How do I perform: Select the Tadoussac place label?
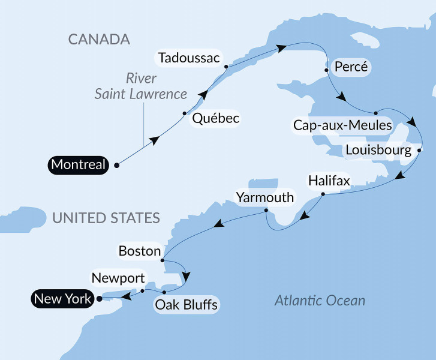(x=188, y=58)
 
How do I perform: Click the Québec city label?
(x=215, y=119)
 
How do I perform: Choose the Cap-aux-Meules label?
(x=342, y=126)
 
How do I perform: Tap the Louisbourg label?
(x=378, y=149)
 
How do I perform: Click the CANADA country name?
(x=99, y=40)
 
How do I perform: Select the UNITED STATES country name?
(x=106, y=217)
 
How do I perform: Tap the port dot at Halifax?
(x=323, y=194)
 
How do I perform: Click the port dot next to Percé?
(x=326, y=70)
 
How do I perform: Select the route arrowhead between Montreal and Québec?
(x=155, y=140)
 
